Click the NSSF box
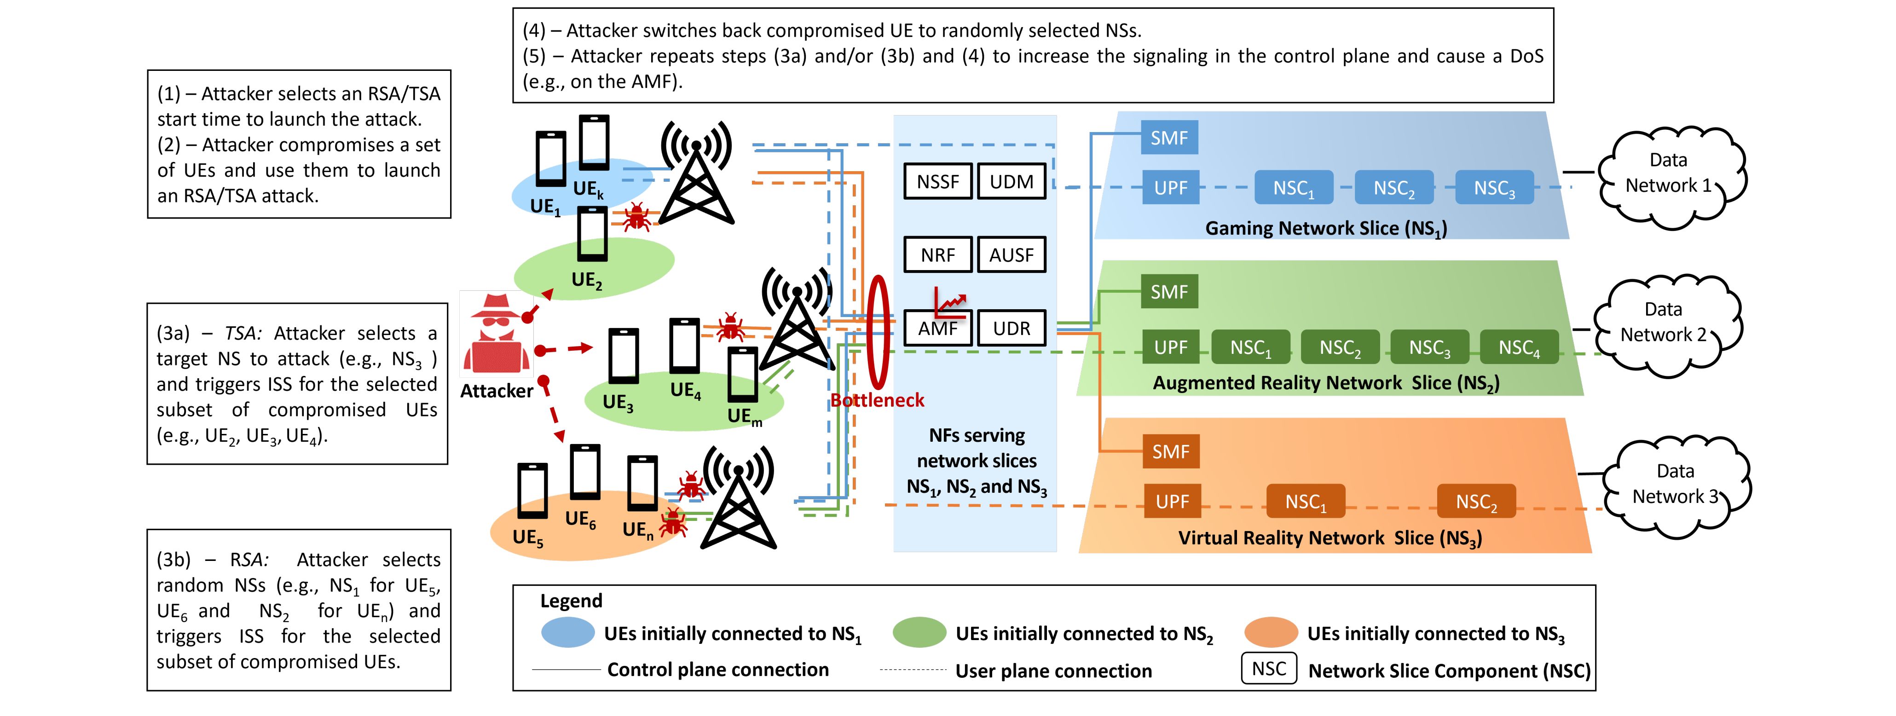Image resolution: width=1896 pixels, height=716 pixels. click(938, 182)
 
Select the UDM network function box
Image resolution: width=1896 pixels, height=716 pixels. click(1012, 182)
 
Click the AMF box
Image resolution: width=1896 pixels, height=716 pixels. click(938, 328)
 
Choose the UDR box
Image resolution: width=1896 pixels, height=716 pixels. click(1012, 328)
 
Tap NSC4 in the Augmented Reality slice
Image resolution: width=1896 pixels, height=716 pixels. click(1519, 347)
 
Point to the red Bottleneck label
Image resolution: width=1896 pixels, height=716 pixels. click(877, 400)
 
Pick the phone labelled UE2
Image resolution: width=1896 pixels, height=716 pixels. click(593, 234)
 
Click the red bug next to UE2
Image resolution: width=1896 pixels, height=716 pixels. click(636, 218)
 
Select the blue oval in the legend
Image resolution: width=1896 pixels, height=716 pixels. click(567, 633)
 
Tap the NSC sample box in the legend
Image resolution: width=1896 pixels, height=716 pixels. click(1268, 669)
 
